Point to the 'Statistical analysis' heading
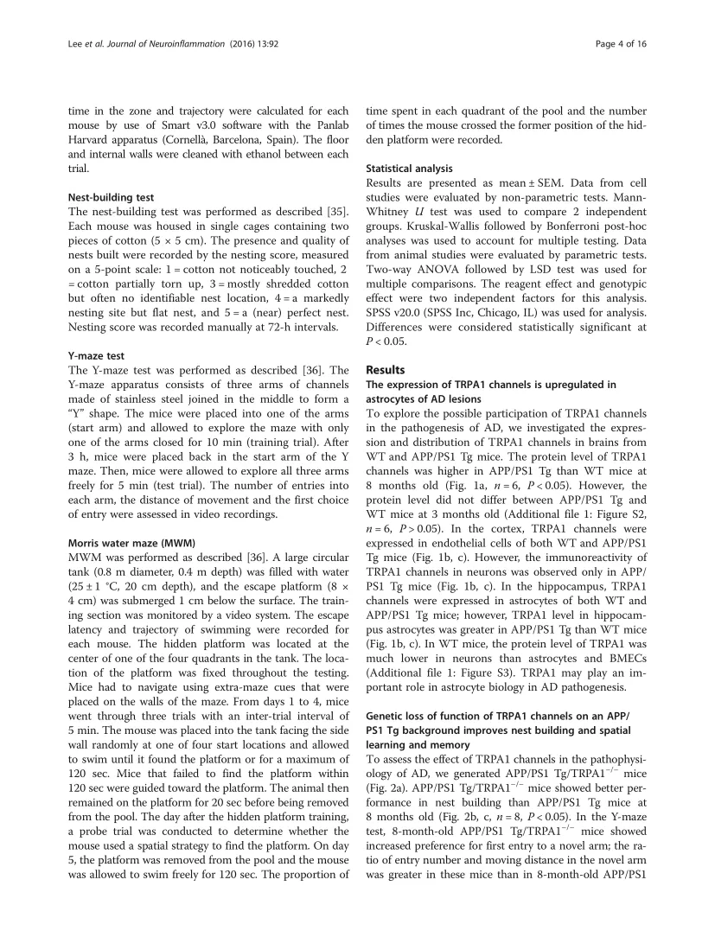pyautogui.click(x=409, y=169)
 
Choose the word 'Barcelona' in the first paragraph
pyautogui.click(x=222, y=143)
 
